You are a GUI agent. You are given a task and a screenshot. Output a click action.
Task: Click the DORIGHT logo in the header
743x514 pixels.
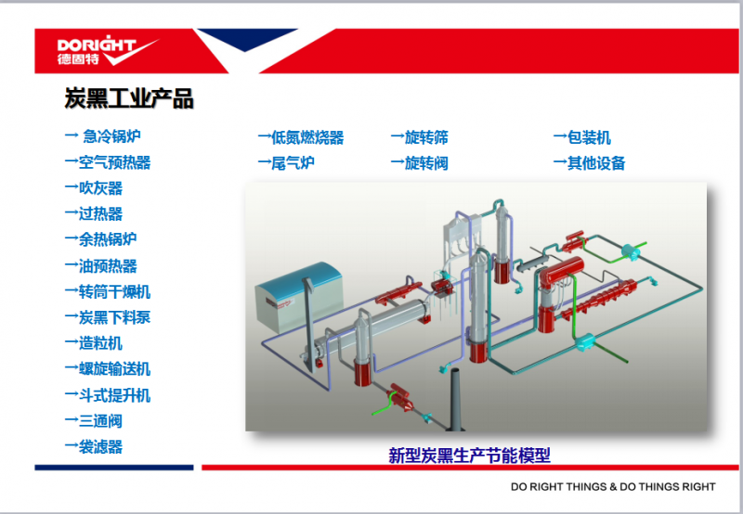107,50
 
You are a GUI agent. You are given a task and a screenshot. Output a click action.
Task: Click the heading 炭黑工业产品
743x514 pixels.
129,98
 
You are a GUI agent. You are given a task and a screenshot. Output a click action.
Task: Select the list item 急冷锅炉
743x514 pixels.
103,136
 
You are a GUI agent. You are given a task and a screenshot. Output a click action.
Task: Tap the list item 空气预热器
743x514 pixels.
108,162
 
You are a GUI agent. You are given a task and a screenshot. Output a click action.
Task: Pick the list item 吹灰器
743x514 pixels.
94,188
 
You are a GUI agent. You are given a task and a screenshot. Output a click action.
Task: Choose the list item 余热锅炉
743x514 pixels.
100,239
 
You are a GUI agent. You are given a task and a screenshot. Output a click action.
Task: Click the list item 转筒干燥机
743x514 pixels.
108,291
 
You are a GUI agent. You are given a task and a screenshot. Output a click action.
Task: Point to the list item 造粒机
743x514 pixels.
94,342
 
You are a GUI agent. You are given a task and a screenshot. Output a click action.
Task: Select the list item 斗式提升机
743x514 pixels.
108,395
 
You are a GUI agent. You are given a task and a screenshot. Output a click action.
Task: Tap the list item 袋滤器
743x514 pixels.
94,446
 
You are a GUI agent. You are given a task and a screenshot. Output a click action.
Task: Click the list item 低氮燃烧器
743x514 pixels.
301,137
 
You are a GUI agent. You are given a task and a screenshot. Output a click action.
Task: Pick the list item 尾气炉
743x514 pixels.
286,163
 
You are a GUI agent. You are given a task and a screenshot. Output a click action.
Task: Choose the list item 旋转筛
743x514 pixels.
420,137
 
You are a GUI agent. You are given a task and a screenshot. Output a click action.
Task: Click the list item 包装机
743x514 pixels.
582,137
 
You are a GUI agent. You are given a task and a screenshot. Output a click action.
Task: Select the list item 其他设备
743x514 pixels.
589,163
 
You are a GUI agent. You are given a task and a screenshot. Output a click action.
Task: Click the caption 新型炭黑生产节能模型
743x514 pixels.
469,456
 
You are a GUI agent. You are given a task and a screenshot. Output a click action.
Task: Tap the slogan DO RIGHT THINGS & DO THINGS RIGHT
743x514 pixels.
613,486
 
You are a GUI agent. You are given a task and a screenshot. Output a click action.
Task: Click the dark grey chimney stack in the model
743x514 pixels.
456,400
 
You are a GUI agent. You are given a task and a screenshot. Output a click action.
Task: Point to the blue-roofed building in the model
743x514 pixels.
299,296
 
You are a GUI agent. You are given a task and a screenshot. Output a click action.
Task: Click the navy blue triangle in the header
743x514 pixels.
246,38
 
